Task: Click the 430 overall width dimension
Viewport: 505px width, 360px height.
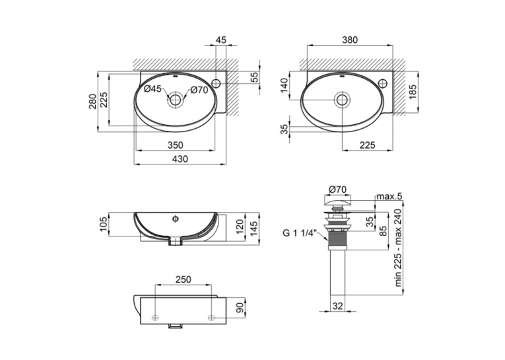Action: coord(180,159)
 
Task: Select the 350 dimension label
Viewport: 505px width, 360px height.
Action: coord(175,145)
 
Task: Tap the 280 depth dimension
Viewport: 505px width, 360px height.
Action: coord(92,101)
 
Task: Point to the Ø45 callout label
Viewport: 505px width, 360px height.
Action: coord(152,89)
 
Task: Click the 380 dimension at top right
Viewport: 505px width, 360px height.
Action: coord(350,40)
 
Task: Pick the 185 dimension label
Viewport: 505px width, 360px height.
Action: coord(413,92)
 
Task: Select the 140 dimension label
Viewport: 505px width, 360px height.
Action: coord(285,85)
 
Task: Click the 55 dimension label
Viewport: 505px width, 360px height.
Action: coord(254,78)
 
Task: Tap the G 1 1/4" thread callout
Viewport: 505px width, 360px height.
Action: coord(300,233)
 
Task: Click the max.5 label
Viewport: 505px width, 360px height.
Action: coord(389,196)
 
